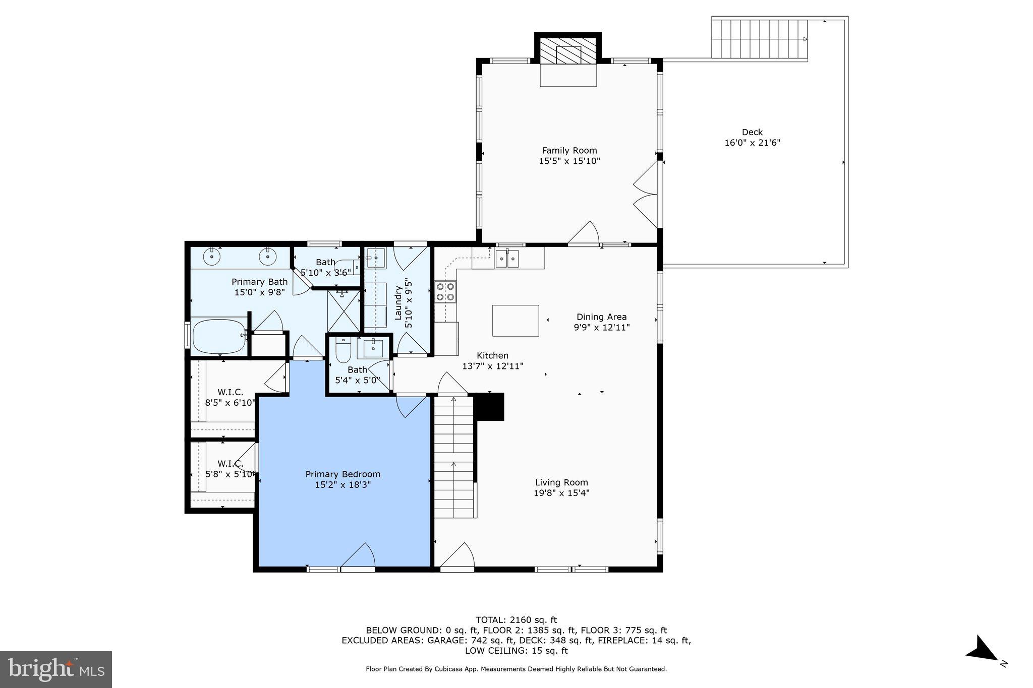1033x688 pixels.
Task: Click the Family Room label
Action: [569, 150]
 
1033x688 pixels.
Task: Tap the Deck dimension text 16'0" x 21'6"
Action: [752, 143]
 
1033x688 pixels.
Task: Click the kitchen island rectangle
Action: [515, 321]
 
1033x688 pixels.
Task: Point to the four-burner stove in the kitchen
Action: [446, 292]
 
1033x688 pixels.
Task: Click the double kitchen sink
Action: [507, 259]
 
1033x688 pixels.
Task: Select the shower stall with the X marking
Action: [344, 310]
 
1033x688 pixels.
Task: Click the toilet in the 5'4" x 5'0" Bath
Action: [343, 350]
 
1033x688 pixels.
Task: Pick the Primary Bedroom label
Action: [342, 474]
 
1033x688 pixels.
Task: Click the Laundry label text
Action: [398, 302]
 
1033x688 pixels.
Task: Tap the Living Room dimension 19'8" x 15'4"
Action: [561, 493]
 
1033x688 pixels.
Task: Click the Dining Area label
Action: [601, 317]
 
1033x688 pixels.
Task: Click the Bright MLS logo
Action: [56, 669]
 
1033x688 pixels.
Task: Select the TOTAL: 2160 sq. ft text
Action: [516, 620]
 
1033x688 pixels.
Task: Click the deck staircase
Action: [759, 39]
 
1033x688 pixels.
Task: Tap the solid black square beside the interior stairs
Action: [490, 407]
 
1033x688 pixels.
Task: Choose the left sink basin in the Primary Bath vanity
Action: [212, 257]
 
